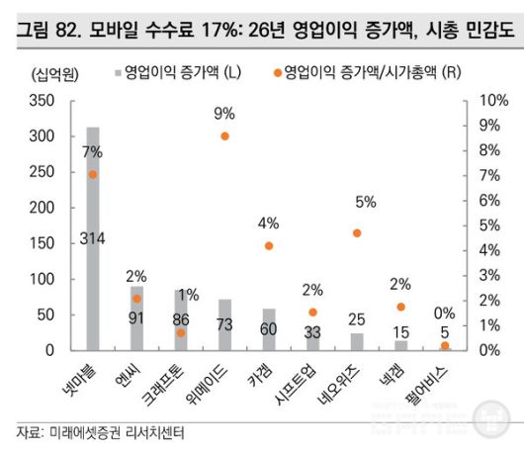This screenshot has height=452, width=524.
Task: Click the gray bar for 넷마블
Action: [x=93, y=237]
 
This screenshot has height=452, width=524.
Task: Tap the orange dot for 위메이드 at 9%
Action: [x=225, y=136]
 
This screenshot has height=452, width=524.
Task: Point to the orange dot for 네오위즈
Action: [x=357, y=233]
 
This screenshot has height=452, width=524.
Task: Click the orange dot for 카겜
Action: [x=269, y=245]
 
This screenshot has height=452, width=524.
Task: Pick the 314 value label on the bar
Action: [x=93, y=238]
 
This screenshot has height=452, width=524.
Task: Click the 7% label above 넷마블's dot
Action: [x=92, y=152]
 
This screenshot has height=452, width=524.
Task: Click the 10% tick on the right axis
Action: [x=492, y=101]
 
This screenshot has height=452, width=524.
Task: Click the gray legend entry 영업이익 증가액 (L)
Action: [x=184, y=73]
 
